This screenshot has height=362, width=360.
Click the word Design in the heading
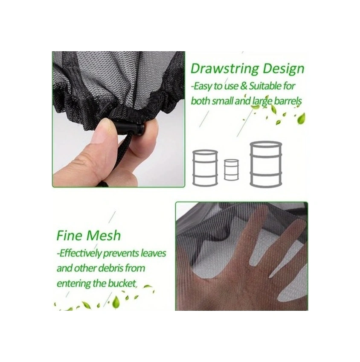coord(284,68)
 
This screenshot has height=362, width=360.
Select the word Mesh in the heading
coord(103,236)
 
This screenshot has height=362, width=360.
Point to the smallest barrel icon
coord(231,170)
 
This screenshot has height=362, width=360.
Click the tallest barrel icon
coord(266,164)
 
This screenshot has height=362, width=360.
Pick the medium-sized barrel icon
coord(205,168)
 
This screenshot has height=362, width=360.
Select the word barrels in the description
coord(288,101)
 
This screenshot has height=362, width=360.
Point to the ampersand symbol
coord(244,86)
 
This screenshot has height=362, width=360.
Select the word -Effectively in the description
coord(79,254)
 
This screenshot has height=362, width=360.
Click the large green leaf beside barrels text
coord(301,119)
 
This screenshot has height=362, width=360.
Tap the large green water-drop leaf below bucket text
coord(116,303)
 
